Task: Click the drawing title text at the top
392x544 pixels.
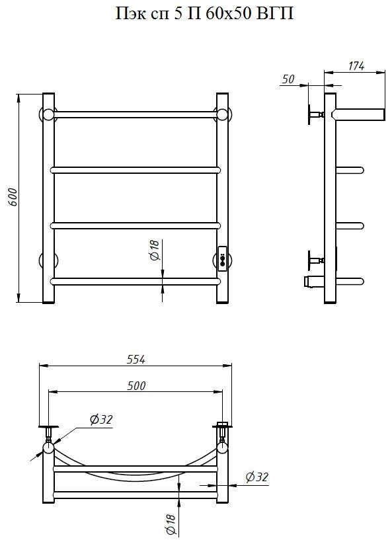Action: coord(204,13)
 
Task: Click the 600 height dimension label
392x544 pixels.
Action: coord(13,197)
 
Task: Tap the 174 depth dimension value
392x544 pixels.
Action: coord(356,66)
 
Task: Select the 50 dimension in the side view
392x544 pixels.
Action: coord(288,79)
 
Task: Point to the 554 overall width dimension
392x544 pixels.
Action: coord(136,360)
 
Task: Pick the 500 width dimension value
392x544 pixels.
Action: coord(136,386)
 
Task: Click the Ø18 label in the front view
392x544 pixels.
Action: coord(155,250)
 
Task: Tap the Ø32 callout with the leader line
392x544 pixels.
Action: coord(101,420)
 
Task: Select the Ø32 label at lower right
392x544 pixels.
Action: coord(257,477)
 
